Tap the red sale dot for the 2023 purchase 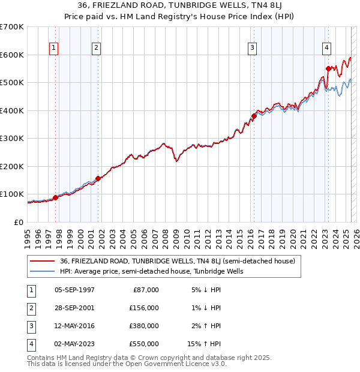328,68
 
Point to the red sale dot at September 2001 98,178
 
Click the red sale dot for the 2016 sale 254,116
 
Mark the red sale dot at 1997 55,197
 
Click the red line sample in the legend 42,261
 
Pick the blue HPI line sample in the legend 42,271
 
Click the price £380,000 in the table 144,327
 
